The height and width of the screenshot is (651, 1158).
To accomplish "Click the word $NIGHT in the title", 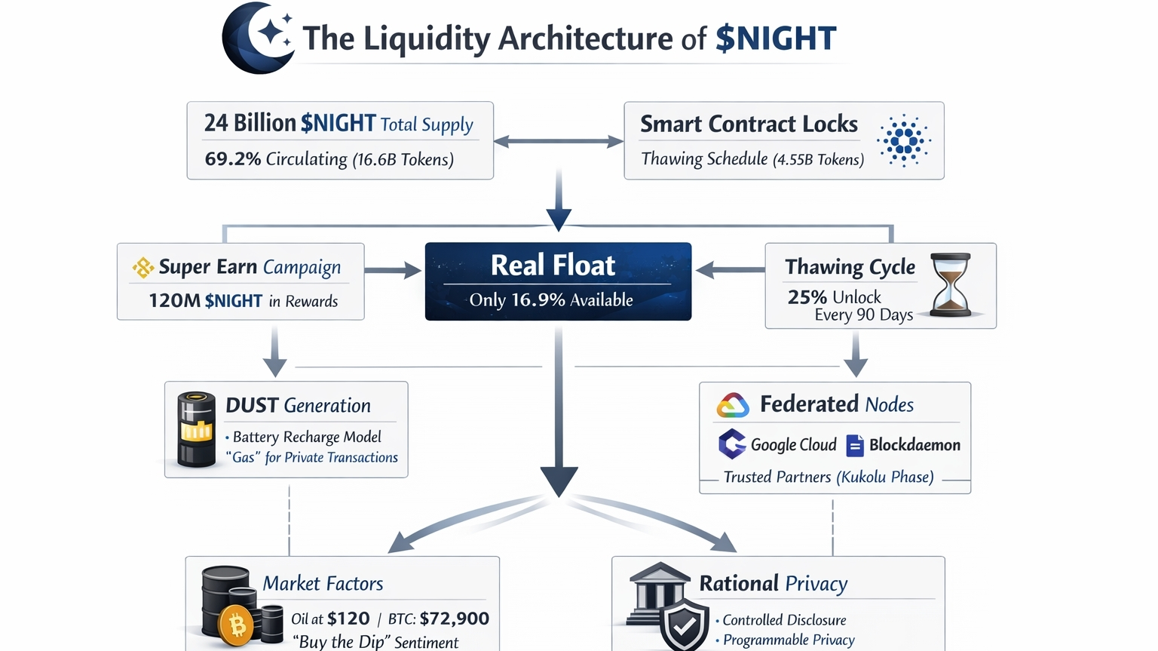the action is coord(776,38).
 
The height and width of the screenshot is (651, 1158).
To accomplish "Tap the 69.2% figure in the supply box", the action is coord(232,159).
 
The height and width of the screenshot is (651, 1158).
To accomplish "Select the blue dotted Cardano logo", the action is coord(903,140).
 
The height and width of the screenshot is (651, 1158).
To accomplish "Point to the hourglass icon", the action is coord(950,284).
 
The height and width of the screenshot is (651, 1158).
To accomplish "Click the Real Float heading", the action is coord(553,266).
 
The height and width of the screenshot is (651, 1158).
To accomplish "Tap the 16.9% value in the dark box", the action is coord(538,300).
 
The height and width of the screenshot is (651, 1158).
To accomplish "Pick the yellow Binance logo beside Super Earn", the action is coord(142,267).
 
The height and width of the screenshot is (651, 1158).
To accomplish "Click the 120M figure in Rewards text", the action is coord(173,301).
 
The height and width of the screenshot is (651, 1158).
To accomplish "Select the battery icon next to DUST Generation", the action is coord(196,429).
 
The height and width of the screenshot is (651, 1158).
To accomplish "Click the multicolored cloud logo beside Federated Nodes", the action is coord(732,406).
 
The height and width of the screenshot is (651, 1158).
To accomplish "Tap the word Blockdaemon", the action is coord(914,445).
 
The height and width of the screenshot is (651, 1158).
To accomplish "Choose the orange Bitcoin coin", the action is coord(237,625).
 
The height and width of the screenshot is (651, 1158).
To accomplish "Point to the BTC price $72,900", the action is coord(454,619).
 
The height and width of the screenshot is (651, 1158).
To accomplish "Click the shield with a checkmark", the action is coord(684,625).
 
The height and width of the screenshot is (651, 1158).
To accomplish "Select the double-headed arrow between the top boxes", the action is coord(558,141).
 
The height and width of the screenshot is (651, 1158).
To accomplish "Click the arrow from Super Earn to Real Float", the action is coord(393,270).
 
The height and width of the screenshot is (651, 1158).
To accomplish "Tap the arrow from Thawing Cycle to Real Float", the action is coord(728,269).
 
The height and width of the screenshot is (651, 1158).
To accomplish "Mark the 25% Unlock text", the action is coord(834,297).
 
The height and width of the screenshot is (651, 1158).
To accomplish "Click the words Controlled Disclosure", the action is coord(784,620).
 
